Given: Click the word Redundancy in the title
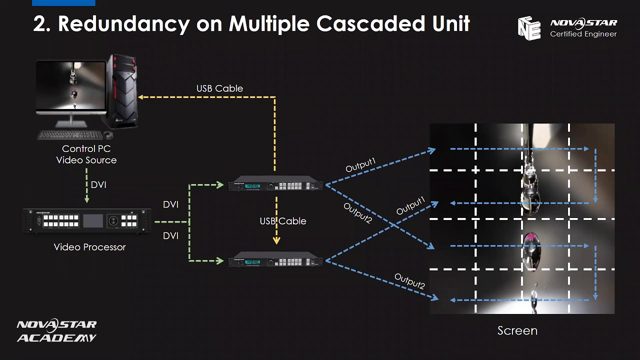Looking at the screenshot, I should click(x=123, y=24).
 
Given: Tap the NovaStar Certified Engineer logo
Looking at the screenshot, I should click(x=567, y=28).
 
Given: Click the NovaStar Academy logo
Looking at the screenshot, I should click(x=56, y=331).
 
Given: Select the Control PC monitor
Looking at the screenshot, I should click(x=71, y=87).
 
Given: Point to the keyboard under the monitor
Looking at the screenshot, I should click(x=70, y=135).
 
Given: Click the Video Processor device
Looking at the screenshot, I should click(x=87, y=220).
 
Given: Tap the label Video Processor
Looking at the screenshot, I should click(x=89, y=247).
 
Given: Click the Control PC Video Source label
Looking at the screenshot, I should click(x=86, y=154).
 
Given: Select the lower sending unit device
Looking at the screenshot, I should click(x=275, y=261).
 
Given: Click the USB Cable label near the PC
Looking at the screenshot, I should click(x=219, y=88).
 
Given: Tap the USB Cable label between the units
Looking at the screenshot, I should click(x=282, y=221).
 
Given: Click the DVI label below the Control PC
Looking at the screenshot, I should click(x=98, y=185).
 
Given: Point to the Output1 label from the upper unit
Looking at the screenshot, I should click(x=360, y=165).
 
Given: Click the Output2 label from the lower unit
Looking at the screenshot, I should click(x=409, y=281).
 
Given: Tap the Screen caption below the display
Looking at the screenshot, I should click(x=517, y=330).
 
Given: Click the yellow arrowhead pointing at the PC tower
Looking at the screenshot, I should click(x=141, y=97).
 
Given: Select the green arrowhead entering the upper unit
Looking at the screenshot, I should click(x=220, y=185).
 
